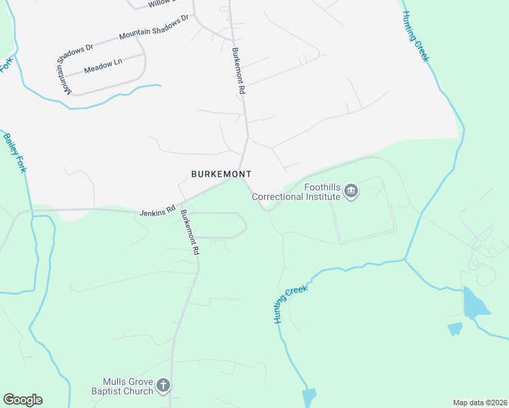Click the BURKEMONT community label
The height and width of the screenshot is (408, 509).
coord(221,174)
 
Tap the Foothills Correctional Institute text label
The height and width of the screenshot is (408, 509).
coord(296,192)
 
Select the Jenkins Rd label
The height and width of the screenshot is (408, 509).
coord(158,207)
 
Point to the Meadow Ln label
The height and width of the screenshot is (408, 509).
coord(103,66)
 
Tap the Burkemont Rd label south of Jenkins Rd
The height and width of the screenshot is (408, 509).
coord(190,232)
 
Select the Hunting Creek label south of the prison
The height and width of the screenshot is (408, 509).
coord(291,303)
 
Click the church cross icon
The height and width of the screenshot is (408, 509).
coord(163,386)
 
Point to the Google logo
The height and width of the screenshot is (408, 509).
coord(22,400)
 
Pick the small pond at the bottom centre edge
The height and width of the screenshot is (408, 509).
coord(310,398)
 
